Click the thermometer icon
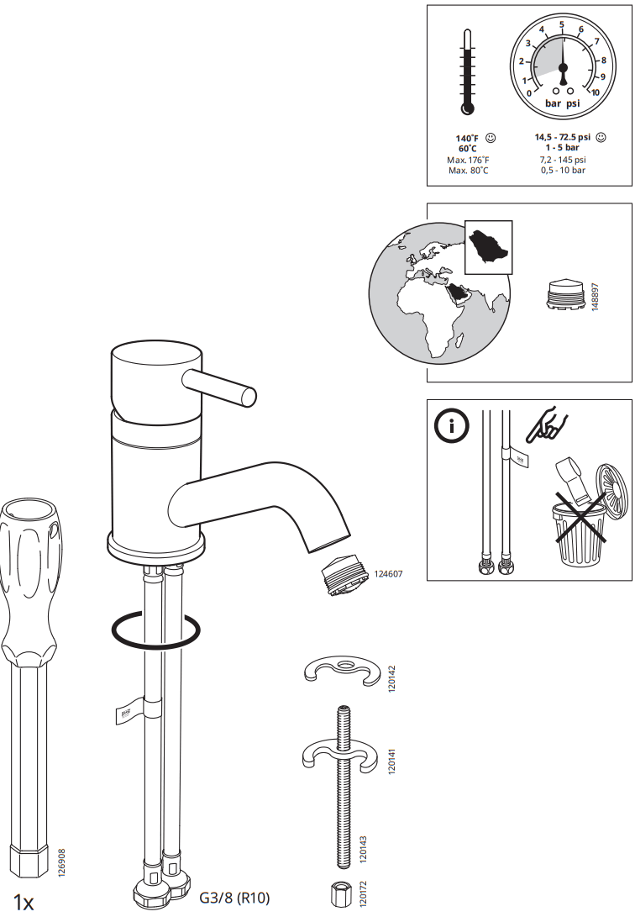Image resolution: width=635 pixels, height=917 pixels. pyautogui.click(x=468, y=74)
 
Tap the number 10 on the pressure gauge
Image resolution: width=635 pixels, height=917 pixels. pyautogui.click(x=595, y=92)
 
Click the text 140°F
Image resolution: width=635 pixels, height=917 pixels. pyautogui.click(x=467, y=138)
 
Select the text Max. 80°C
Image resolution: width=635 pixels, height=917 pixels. pyautogui.click(x=468, y=171)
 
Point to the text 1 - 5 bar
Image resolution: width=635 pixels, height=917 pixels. pyautogui.click(x=563, y=148)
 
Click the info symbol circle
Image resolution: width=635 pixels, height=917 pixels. pyautogui.click(x=451, y=426)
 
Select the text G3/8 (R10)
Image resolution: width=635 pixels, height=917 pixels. pyautogui.click(x=234, y=898)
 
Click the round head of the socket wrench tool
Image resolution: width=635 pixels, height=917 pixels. pyautogui.click(x=29, y=518)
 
